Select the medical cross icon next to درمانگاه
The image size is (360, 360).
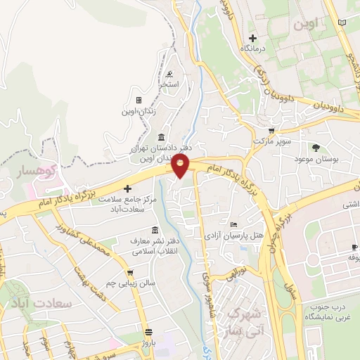(x=252, y=38)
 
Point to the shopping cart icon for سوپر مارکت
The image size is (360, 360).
(x=271, y=131)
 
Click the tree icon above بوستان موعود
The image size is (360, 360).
(x=316, y=148)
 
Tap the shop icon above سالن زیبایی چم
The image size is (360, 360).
(x=129, y=272)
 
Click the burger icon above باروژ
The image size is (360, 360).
(x=148, y=332)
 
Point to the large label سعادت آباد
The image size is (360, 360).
(x=38, y=304)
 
